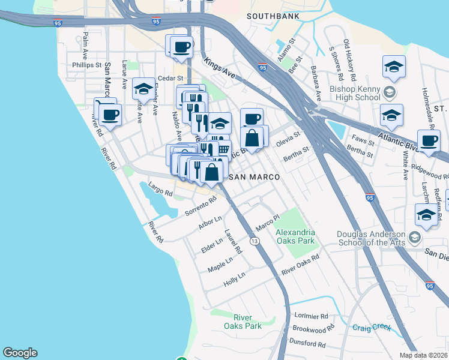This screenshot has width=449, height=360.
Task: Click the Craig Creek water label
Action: click(371, 328)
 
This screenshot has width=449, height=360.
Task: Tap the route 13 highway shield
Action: click(255, 241)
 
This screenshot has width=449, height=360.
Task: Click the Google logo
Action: click(20, 353)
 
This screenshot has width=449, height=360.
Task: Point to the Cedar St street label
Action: click(165, 78)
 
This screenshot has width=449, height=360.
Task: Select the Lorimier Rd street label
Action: click(312, 316)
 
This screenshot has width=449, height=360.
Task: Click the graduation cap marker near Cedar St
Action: click(143, 89)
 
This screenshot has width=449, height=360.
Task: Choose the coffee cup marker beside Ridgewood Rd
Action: click(429, 140)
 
